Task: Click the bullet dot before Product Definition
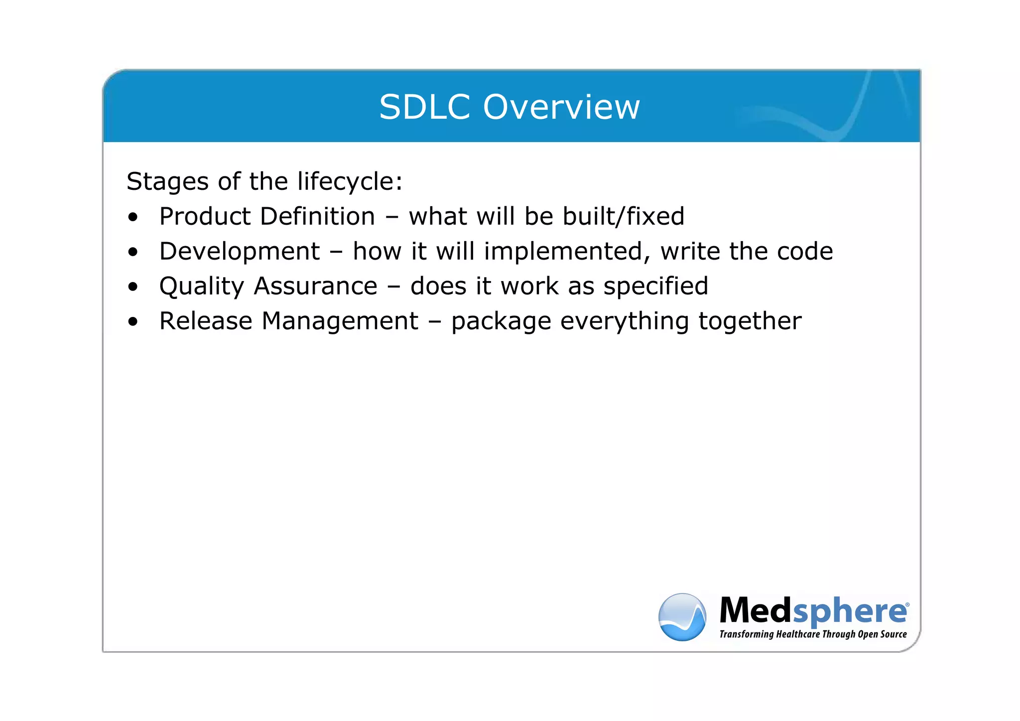click(x=132, y=217)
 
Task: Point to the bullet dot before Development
click(x=132, y=252)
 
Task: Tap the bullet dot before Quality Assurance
click(x=132, y=287)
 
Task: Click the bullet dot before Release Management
click(x=132, y=322)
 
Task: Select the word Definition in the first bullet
click(x=317, y=216)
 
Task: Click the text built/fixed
click(x=623, y=216)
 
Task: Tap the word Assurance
click(x=315, y=286)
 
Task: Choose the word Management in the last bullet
click(x=340, y=321)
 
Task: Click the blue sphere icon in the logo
click(x=682, y=617)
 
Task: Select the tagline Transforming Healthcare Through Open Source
click(x=813, y=634)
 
